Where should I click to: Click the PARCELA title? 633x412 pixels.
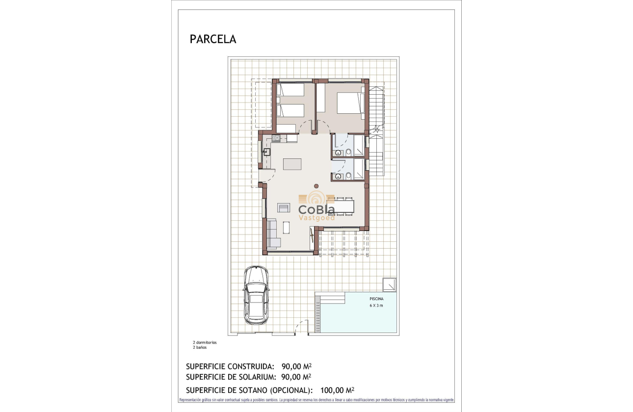[212, 40]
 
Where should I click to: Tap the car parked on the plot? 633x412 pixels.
[256, 295]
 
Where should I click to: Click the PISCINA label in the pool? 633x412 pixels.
[376, 298]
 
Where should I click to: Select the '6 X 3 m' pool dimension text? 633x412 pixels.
[376, 305]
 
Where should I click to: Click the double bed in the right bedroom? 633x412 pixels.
[350, 103]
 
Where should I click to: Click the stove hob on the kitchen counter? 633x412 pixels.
[276, 139]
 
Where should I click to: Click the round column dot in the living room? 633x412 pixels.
[316, 186]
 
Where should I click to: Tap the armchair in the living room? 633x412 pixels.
[284, 207]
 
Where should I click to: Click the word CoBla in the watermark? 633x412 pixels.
[317, 210]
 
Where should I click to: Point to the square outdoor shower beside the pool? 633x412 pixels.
[390, 283]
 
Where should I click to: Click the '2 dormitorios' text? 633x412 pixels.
[205, 342]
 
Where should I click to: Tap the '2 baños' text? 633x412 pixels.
[200, 347]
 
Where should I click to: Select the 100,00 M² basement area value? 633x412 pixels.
[337, 390]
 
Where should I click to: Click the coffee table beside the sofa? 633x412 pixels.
[286, 228]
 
